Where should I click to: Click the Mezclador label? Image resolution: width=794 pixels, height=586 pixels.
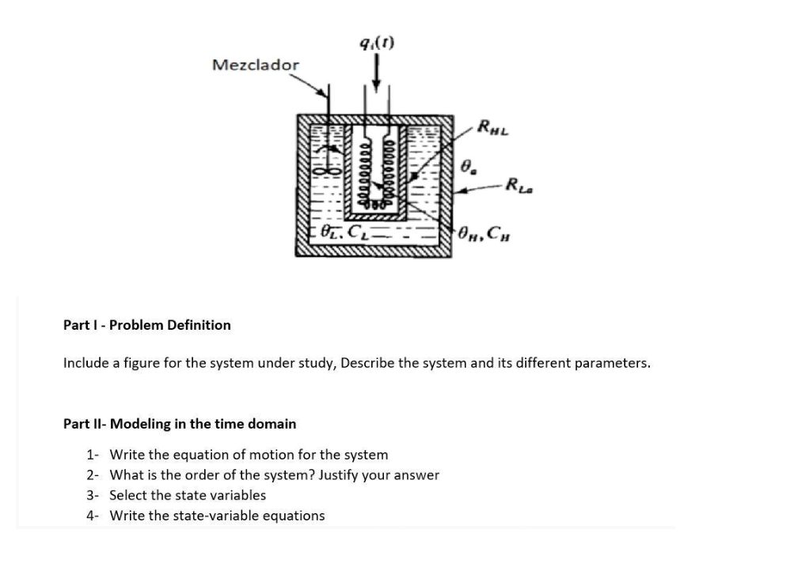[256, 64]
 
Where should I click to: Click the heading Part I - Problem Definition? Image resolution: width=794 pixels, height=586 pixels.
[146, 325]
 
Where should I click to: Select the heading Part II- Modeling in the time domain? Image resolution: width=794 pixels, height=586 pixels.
[179, 424]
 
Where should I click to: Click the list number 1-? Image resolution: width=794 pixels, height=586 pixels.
[93, 455]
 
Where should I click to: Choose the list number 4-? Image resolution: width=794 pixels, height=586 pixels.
[93, 516]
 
